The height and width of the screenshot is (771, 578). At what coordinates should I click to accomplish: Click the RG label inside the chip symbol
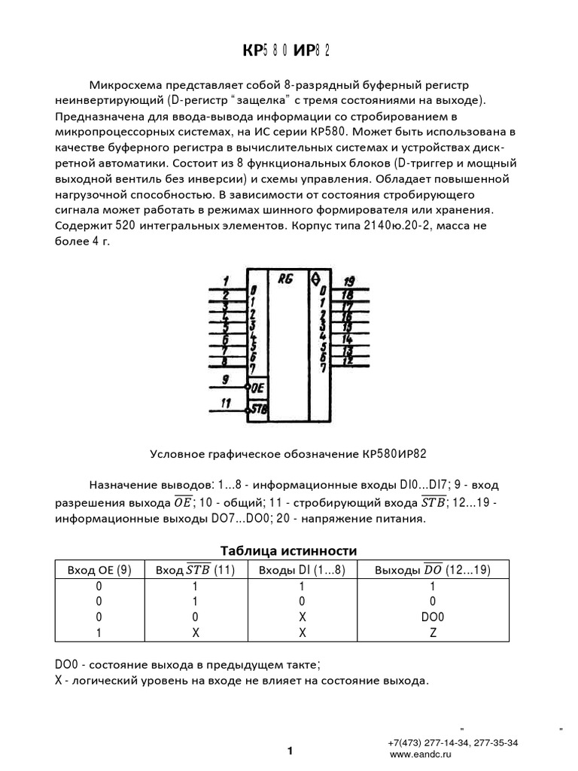(285, 278)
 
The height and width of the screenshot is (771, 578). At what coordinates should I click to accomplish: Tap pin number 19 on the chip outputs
(348, 279)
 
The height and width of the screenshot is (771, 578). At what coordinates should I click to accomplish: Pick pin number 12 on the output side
(348, 361)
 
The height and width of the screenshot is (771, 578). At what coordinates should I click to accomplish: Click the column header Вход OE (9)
(99, 570)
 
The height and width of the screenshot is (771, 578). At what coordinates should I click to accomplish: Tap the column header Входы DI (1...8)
(302, 570)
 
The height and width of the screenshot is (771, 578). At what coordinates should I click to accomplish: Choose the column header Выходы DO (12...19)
(432, 570)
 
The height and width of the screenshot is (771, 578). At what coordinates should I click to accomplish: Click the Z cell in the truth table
(432, 633)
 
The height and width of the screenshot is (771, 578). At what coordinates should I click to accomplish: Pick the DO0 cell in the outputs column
(432, 617)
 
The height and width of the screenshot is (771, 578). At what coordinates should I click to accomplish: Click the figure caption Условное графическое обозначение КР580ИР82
(289, 454)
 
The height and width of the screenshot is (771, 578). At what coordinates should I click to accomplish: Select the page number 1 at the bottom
(289, 751)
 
